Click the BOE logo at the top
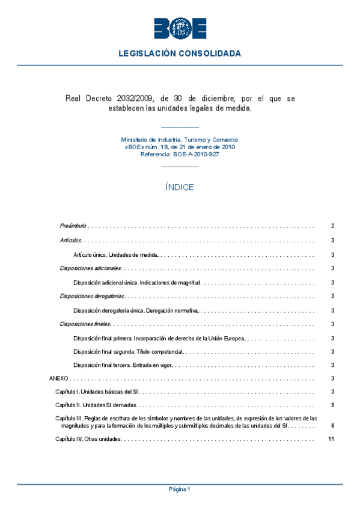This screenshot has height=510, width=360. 180,28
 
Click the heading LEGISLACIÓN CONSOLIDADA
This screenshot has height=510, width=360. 180,54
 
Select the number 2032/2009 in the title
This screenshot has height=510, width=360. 136,98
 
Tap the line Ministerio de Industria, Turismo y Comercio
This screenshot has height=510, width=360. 180,140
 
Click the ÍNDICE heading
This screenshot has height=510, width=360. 180,188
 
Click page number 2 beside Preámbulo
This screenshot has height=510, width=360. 332,226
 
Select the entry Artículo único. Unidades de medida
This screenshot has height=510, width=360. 115,254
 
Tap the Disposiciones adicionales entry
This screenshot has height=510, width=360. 90,268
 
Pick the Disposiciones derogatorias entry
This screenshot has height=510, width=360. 92,296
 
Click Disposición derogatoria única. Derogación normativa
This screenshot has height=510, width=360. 136,310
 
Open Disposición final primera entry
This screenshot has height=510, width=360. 159,339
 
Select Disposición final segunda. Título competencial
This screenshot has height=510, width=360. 128,351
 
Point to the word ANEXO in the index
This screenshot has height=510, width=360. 59,379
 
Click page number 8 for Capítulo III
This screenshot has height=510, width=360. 332,426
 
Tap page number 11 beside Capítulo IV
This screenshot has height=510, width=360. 331,439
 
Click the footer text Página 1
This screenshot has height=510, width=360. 180,490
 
